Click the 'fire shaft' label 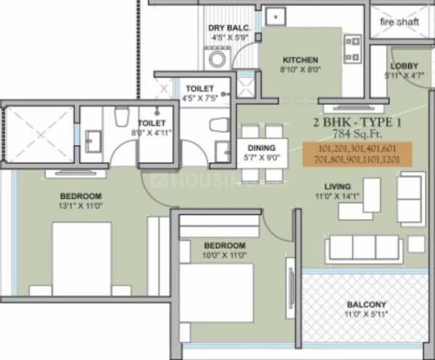[399, 21]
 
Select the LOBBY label [403, 65]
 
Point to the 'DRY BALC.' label [229, 28]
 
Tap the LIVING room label [338, 185]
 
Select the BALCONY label [367, 304]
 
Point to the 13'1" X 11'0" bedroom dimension [81, 206]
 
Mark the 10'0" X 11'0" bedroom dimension [224, 255]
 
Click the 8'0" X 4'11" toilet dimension [152, 134]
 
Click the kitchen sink [276, 16]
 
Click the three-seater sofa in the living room [362, 247]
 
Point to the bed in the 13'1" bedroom [81, 258]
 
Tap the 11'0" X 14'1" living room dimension [338, 196]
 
